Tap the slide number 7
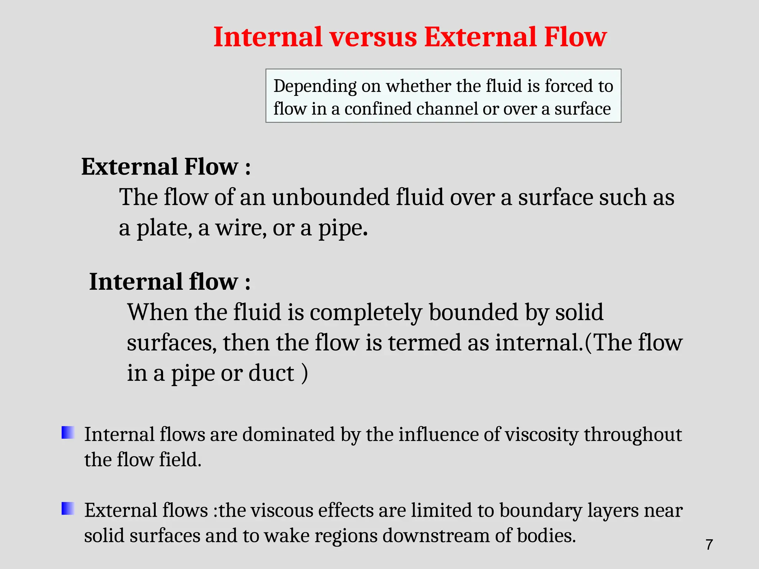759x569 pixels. (709, 545)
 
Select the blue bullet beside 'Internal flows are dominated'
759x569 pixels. (68, 433)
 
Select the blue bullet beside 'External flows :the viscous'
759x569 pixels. (68, 508)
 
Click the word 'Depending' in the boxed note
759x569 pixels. (315, 87)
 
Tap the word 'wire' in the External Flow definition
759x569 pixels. (241, 227)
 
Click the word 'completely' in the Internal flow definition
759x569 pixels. (366, 312)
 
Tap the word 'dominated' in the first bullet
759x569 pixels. (288, 434)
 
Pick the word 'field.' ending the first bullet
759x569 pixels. (180, 460)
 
